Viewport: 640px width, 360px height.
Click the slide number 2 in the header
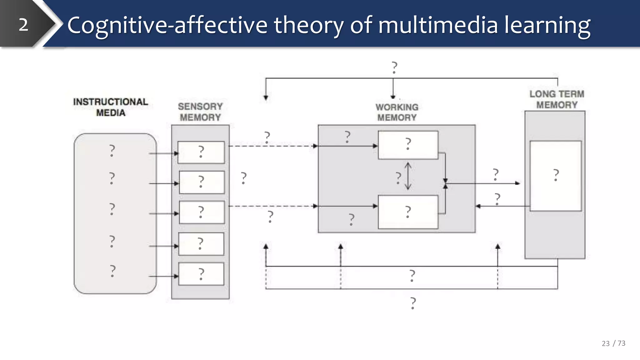pos(23,25)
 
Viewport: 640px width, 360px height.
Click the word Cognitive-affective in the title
pos(167,25)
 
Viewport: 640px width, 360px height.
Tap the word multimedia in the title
pos(438,25)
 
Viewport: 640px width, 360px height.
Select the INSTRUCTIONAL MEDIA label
pos(111,107)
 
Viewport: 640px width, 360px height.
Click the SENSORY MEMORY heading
pos(200,112)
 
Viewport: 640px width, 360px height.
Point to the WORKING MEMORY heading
pos(397,112)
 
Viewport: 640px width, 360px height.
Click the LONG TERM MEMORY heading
pos(557,99)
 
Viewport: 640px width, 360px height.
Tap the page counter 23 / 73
pos(613,343)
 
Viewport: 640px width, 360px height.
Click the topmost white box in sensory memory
pos(201,152)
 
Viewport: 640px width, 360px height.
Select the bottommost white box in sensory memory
pos(201,274)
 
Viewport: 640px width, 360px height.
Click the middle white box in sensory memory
pos(202,212)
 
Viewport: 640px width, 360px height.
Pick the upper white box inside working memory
pos(408,145)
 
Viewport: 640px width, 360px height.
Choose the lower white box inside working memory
pos(408,212)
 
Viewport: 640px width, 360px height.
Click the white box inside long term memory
pos(556,176)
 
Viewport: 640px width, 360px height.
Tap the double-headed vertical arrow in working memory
pos(408,176)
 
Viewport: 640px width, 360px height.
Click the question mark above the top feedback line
pos(394,67)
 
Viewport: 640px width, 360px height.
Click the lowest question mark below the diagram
pos(413,303)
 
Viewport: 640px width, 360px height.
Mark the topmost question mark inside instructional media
pos(112,151)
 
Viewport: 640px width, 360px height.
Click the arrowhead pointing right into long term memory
pos(518,183)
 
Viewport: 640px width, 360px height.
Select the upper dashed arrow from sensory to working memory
pos(272,146)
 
